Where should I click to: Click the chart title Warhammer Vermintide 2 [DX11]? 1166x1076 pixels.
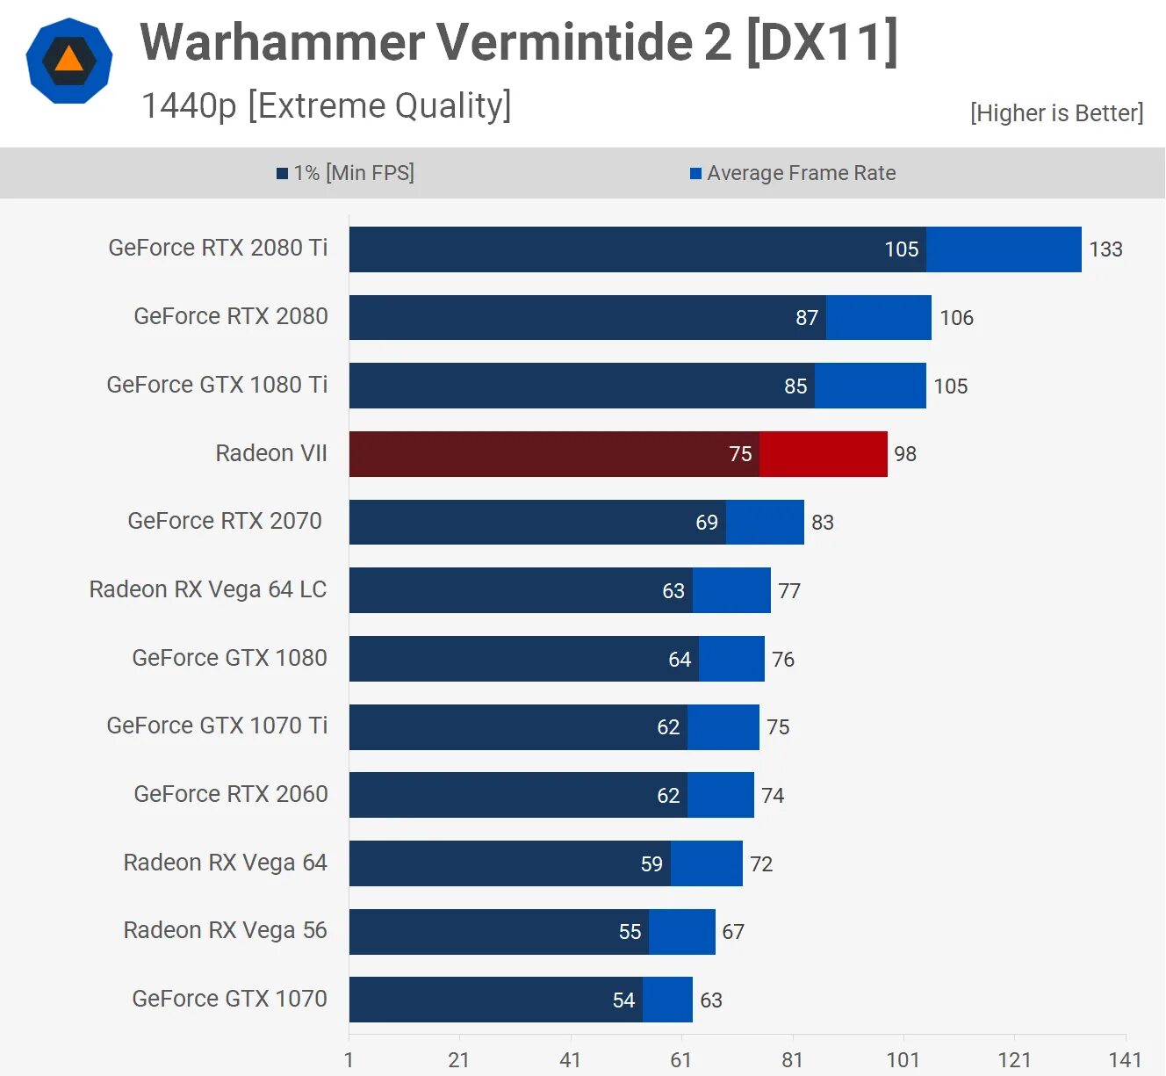[x=518, y=42]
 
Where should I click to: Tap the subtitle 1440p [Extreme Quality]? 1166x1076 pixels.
[x=326, y=105]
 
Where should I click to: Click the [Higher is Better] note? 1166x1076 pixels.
[x=1056, y=113]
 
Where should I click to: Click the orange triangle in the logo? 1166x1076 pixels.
[x=68, y=60]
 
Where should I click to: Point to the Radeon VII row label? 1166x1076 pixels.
[x=270, y=453]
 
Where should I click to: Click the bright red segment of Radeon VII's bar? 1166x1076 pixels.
[x=823, y=454]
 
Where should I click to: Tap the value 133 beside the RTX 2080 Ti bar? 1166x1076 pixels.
[x=1105, y=249]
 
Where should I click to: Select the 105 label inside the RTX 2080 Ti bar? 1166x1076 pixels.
[x=901, y=249]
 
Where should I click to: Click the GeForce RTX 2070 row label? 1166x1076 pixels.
[x=225, y=521]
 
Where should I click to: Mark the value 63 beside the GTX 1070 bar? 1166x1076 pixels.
[x=710, y=1000]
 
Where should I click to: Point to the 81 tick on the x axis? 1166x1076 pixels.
[x=792, y=1059]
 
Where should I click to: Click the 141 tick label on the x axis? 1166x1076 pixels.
[x=1125, y=1059]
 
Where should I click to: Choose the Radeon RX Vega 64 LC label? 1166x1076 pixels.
[x=208, y=589]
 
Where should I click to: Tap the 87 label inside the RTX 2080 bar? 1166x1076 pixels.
[x=806, y=318]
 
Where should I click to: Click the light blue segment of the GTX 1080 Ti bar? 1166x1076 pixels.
[x=869, y=386]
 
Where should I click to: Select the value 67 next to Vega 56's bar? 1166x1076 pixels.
[x=733, y=932]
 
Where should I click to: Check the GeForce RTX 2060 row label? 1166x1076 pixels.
[x=231, y=794]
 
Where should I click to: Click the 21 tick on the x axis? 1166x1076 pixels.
[x=458, y=1059]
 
